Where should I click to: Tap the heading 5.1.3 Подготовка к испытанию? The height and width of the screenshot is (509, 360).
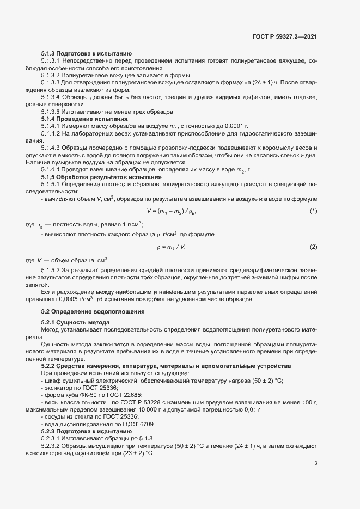tap(86, 53)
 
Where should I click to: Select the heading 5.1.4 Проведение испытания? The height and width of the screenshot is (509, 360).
tap(85, 119)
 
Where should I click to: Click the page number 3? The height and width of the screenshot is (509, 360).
tap(316, 464)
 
